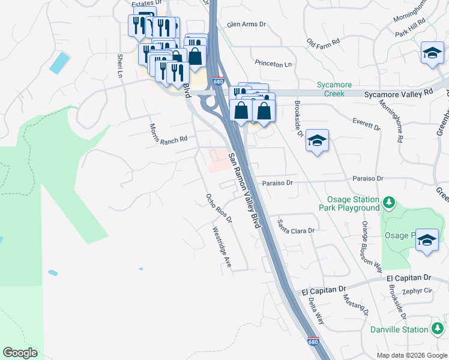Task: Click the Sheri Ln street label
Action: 120,66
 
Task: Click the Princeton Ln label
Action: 273,64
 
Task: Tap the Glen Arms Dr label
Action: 246,25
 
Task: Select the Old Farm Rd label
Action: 323,43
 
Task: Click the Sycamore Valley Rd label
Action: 399,94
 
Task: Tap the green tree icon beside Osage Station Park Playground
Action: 388,203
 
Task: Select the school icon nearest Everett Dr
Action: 317,142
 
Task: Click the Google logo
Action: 20,353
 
